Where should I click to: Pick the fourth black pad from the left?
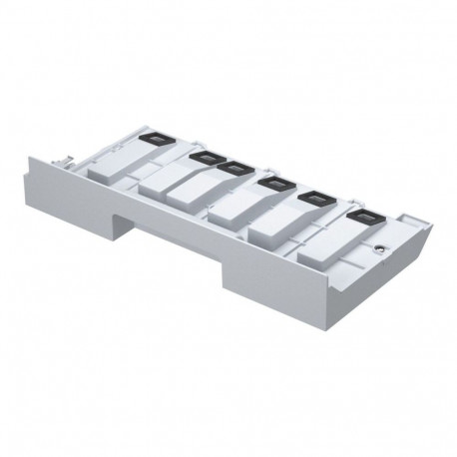(271, 182)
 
